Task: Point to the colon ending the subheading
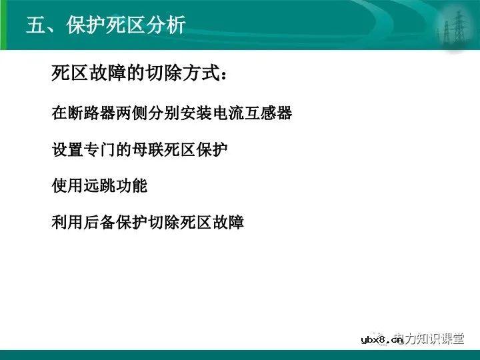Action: (x=226, y=75)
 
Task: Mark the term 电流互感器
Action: (x=260, y=113)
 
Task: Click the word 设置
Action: (x=68, y=149)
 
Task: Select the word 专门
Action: (x=100, y=149)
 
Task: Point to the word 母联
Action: (x=148, y=149)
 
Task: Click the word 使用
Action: (x=68, y=185)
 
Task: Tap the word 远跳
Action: (x=100, y=185)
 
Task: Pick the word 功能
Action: (x=132, y=185)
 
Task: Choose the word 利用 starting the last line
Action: (x=68, y=221)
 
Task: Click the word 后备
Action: (x=100, y=221)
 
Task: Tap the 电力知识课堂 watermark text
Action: (x=432, y=339)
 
